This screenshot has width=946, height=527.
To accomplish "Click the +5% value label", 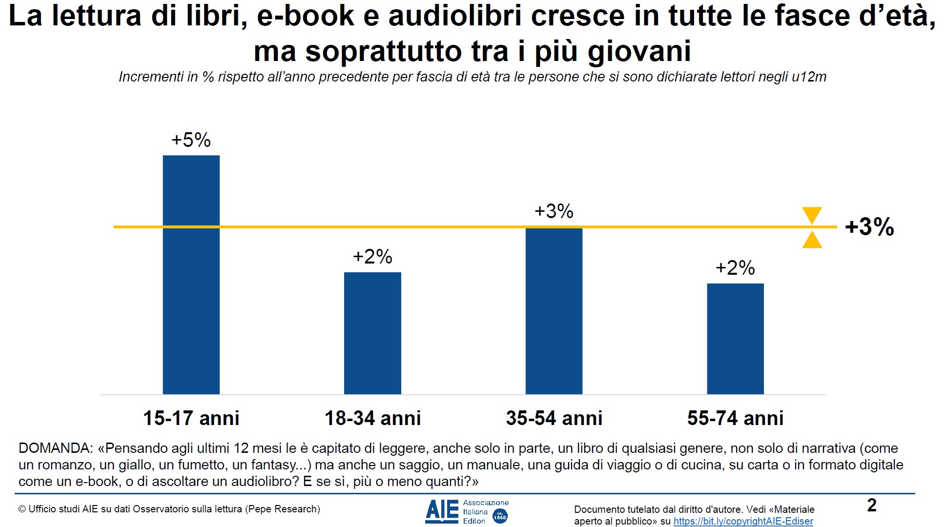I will (x=191, y=140).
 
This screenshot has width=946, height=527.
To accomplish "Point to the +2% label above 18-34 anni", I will (x=372, y=257).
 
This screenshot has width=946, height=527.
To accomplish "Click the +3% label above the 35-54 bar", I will (x=554, y=211).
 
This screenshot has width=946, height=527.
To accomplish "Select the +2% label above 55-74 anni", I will (x=735, y=268).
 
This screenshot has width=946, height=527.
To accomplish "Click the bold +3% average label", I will (x=869, y=227).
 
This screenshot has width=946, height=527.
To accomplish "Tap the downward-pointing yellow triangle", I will (x=812, y=214).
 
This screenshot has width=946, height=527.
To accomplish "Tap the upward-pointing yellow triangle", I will (x=812, y=241).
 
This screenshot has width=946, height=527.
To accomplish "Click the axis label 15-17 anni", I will (x=191, y=418).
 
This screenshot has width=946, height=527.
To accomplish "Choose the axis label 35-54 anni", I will (x=554, y=418).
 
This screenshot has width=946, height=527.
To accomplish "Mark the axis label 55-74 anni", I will (x=735, y=418).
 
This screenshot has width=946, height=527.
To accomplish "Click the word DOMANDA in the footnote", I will (x=54, y=448).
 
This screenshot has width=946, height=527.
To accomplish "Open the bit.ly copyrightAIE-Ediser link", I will (x=743, y=521).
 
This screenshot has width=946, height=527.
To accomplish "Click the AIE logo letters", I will (x=442, y=511).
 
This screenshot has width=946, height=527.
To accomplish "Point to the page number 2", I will (x=871, y=505).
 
